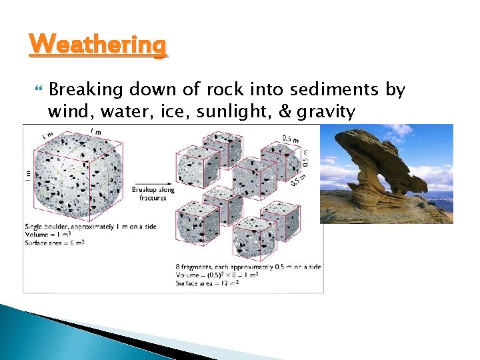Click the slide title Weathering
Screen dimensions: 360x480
point(97,45)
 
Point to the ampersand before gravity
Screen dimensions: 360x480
point(285,111)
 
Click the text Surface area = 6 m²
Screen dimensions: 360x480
point(55,243)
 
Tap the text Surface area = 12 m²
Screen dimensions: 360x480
point(207,283)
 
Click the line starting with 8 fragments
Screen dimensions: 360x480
point(248,267)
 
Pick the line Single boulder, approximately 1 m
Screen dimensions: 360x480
point(91,227)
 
